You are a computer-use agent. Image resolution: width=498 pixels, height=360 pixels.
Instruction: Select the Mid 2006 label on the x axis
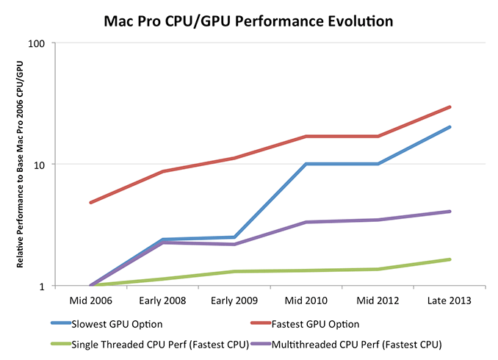(x=90, y=300)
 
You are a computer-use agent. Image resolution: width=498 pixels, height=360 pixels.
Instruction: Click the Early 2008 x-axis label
(x=162, y=300)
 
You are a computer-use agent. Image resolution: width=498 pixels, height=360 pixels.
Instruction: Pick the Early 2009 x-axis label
(x=234, y=300)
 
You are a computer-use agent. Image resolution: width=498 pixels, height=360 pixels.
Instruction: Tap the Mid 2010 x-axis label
(x=306, y=300)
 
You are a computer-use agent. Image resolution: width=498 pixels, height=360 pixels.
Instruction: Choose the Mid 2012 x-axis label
(x=378, y=300)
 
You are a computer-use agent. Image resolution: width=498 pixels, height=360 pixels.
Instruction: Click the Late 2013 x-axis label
(x=450, y=300)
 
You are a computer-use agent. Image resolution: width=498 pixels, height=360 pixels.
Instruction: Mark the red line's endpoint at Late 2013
(x=450, y=107)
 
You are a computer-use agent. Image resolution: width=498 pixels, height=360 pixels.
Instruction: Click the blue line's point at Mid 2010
(x=306, y=164)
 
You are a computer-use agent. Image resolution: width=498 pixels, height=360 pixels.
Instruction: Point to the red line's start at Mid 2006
(x=90, y=202)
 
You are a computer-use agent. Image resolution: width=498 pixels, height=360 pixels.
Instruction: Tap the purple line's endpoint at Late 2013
(x=450, y=212)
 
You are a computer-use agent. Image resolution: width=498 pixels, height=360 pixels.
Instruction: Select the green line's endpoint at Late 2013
(x=450, y=259)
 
